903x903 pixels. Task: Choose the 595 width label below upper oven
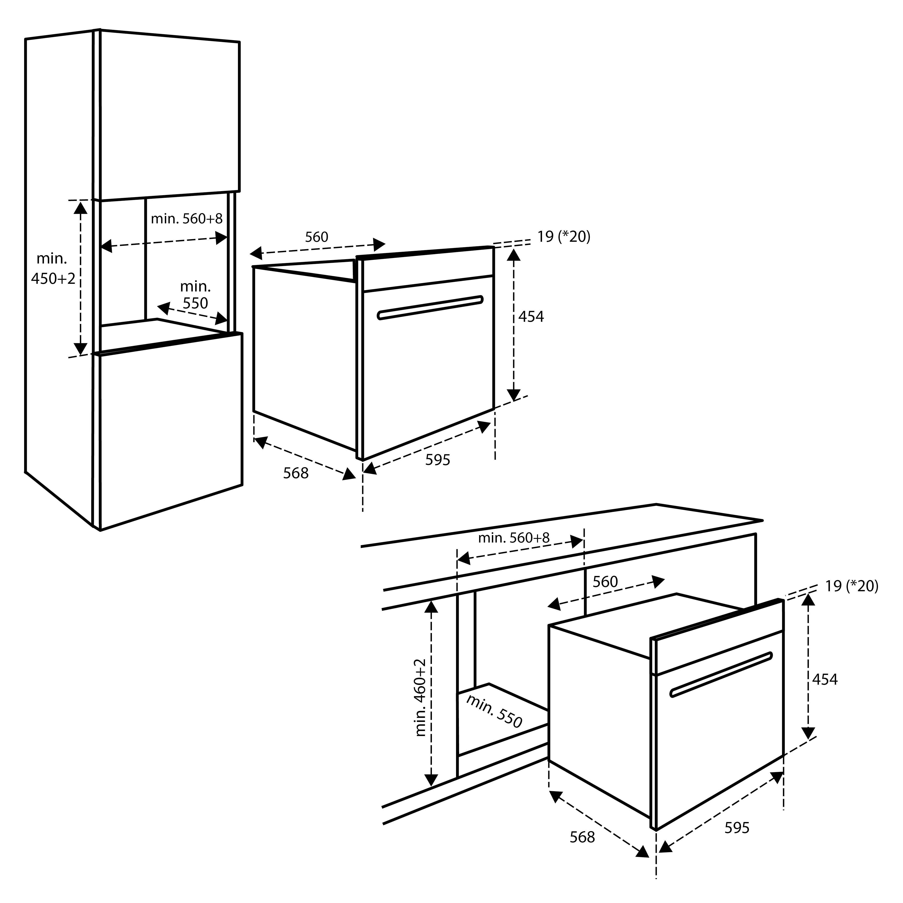(x=437, y=460)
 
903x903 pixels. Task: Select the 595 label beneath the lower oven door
(x=736, y=828)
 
